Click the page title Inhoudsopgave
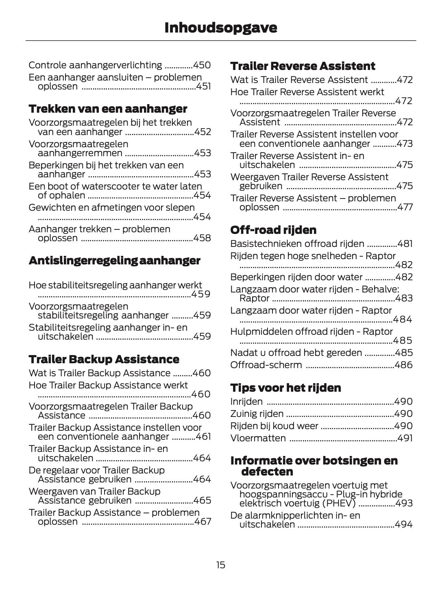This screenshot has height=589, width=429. (220, 28)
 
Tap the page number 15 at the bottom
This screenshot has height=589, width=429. (220, 565)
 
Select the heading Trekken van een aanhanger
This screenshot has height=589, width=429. (108, 109)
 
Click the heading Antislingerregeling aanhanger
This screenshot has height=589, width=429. (114, 260)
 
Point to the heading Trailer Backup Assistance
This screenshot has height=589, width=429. (104, 359)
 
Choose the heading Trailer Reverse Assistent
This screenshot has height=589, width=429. (303, 66)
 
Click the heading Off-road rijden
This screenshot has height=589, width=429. (273, 230)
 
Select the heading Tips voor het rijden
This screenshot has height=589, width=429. (285, 388)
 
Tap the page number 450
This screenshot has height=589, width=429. (202, 65)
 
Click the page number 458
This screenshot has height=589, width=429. (202, 238)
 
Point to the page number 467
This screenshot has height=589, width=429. (203, 521)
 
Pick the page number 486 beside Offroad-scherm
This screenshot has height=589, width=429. (403, 365)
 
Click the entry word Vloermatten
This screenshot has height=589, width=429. (258, 438)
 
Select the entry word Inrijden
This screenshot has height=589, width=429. (246, 401)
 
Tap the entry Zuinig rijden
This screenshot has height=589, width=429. (257, 414)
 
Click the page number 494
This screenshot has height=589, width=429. (403, 524)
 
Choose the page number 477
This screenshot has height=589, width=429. (404, 207)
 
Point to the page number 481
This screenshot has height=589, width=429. (405, 244)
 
